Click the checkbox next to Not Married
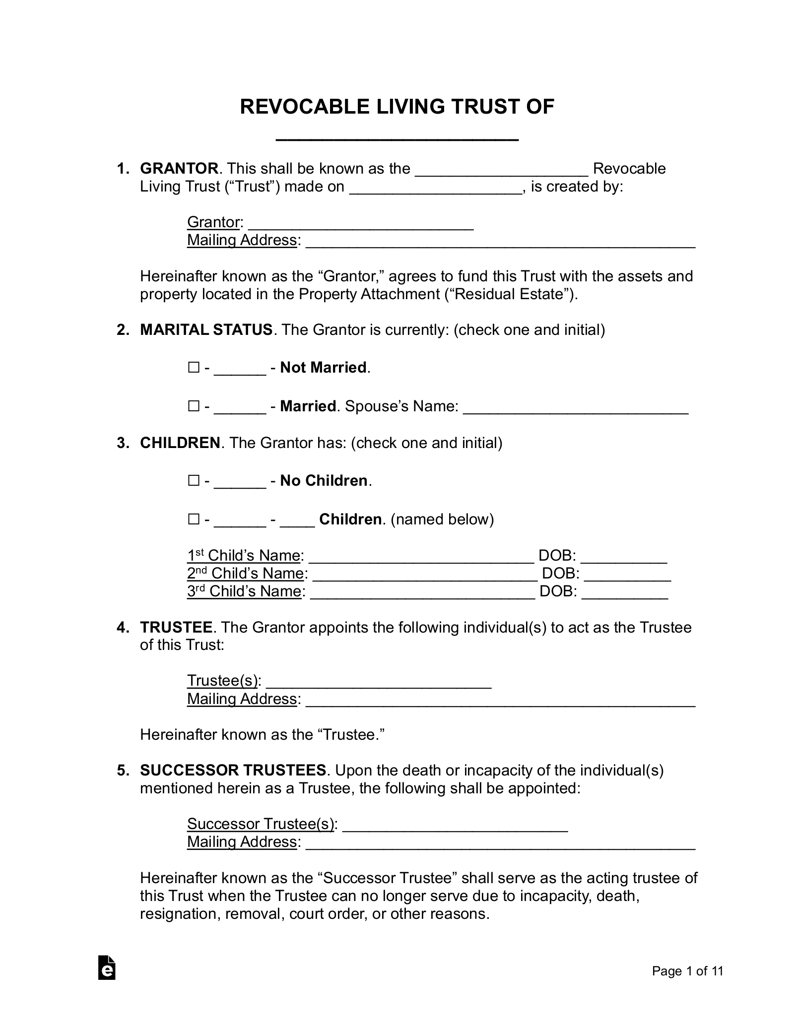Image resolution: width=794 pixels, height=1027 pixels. pos(194,368)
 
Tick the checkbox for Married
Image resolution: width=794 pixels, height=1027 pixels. pos(194,406)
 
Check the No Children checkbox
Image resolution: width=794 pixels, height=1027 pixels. pos(194,481)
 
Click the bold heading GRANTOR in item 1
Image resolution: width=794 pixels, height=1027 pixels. pos(179,169)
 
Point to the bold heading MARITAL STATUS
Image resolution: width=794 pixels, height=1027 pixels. pos(206,330)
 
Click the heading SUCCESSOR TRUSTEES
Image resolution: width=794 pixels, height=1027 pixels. pos(233,770)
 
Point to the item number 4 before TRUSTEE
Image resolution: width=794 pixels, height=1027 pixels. pos(123,628)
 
